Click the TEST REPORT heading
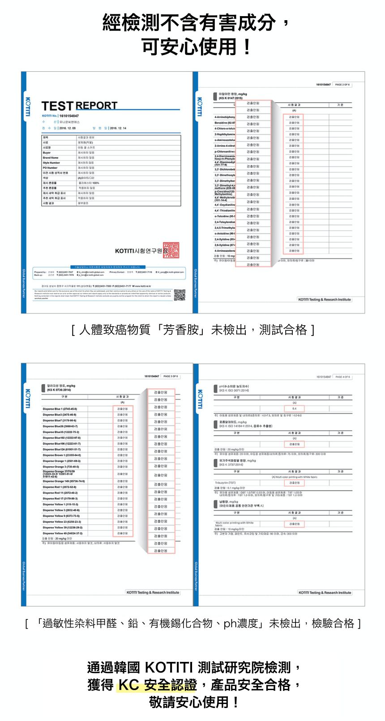pyautogui.click(x=79, y=106)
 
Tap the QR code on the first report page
pyautogui.click(x=180, y=295)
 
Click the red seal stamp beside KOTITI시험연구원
pyautogui.click(x=171, y=249)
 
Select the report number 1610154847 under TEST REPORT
pyautogui.click(x=69, y=116)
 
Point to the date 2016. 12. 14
pyautogui.click(x=118, y=128)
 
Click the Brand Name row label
pyautogui.click(x=51, y=158)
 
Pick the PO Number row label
pyautogui.click(x=50, y=168)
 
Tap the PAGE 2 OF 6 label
pyautogui.click(x=342, y=85)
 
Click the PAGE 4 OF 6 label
pyautogui.click(x=342, y=377)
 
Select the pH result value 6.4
pyautogui.click(x=294, y=408)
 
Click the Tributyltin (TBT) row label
pyautogui.click(x=225, y=483)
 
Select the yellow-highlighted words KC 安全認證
pyautogui.click(x=157, y=685)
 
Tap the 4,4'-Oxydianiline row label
pyautogui.click(x=225, y=205)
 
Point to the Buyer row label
pyautogui.click(x=47, y=153)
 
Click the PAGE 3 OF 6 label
pyautogui.click(x=171, y=376)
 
